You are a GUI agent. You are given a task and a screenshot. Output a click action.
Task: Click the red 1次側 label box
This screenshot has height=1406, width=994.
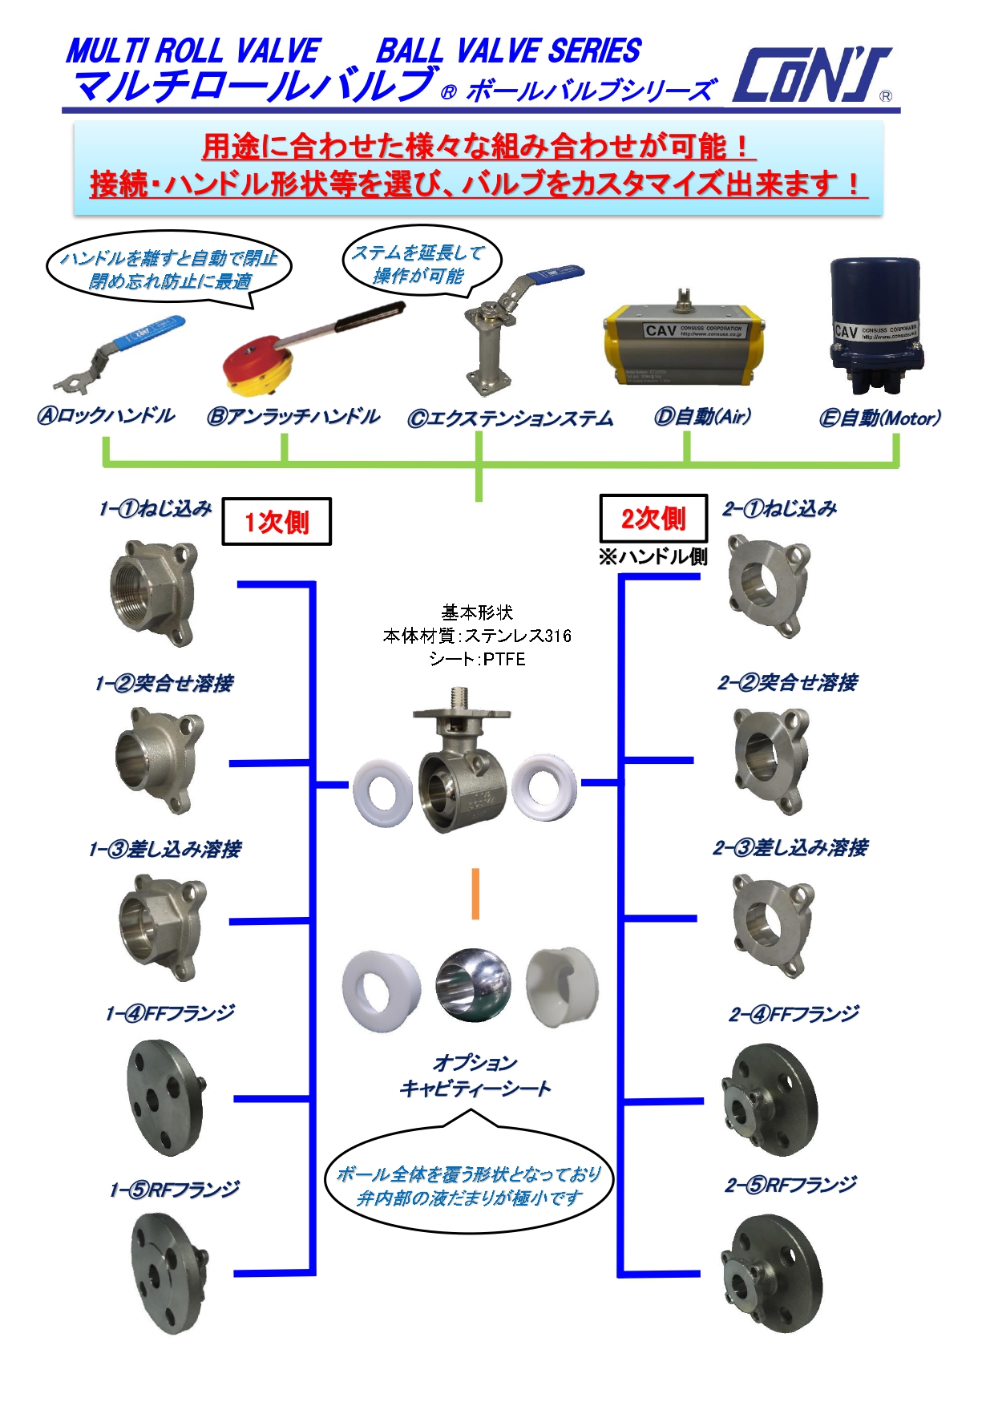tap(277, 522)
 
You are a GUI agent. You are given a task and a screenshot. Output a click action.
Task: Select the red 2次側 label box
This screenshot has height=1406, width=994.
tap(653, 519)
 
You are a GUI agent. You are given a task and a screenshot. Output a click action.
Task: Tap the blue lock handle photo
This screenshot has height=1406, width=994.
tap(120, 353)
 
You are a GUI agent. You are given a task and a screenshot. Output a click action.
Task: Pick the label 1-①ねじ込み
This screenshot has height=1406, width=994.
tap(156, 508)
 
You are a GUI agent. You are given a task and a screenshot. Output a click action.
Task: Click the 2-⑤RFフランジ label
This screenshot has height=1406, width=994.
tap(790, 1185)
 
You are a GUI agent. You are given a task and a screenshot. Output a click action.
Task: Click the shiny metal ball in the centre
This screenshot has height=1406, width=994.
tap(473, 985)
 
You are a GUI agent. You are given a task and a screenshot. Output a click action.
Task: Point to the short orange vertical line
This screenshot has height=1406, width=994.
tap(475, 893)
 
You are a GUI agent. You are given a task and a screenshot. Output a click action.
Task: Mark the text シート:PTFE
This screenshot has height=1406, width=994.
tap(477, 659)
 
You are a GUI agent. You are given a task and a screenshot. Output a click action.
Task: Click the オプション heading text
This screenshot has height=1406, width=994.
tap(475, 1063)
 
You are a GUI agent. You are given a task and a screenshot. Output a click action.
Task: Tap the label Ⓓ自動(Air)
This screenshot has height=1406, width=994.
tap(703, 417)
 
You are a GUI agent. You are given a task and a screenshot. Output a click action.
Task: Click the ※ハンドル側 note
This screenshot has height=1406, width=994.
tap(653, 556)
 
